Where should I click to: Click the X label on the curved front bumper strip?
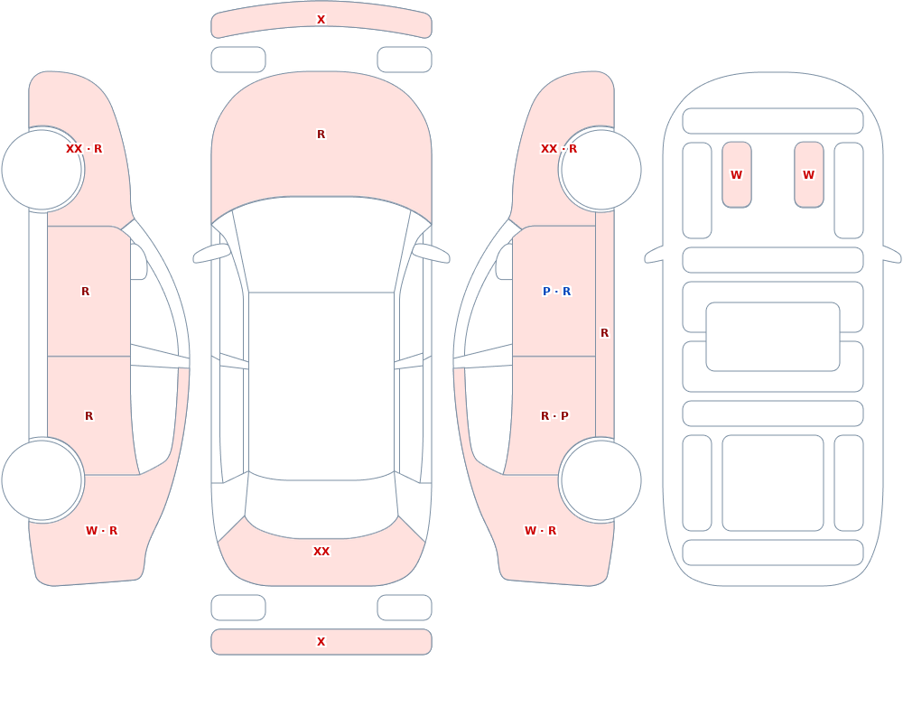pyautogui.click(x=321, y=20)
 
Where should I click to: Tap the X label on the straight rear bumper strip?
pyautogui.click(x=321, y=642)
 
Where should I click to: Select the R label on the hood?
pyautogui.click(x=321, y=135)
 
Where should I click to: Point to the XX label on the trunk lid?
pyautogui.click(x=321, y=552)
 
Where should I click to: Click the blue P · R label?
pyautogui.click(x=557, y=292)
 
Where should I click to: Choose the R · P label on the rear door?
pyautogui.click(x=554, y=416)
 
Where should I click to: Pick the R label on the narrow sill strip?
pyautogui.click(x=605, y=333)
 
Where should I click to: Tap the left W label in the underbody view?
pyautogui.click(x=737, y=175)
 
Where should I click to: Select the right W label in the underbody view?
pyautogui.click(x=808, y=175)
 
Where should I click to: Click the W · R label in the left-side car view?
pyautogui.click(x=102, y=531)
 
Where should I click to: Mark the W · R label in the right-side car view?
pyautogui.click(x=541, y=531)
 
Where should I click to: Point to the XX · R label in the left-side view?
pyautogui.click(x=84, y=149)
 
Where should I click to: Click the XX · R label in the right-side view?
pyautogui.click(x=559, y=149)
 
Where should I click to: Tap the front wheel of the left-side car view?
pyautogui.click(x=42, y=170)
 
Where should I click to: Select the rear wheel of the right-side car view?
pyautogui.click(x=600, y=479)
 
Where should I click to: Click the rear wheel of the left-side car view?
pyautogui.click(x=42, y=479)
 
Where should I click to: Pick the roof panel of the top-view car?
pyautogui.click(x=321, y=386)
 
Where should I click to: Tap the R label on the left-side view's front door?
pyautogui.click(x=85, y=292)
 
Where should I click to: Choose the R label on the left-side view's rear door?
pyautogui.click(x=88, y=416)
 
